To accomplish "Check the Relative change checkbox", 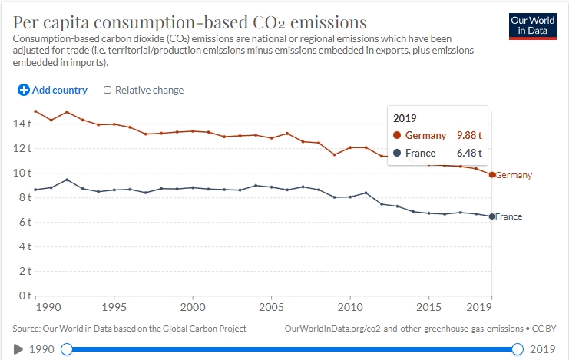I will [x=108, y=90].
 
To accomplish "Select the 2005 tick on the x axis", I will [x=271, y=307].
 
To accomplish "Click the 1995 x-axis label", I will [x=114, y=307].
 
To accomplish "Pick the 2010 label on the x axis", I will [x=350, y=307].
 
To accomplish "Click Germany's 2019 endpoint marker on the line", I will [x=491, y=174].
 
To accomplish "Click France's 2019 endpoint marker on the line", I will [x=491, y=216].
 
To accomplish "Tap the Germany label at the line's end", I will [x=514, y=175].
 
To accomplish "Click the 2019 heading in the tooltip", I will [x=405, y=118].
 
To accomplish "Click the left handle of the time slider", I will [x=67, y=349].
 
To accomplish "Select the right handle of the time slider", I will [x=518, y=349].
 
